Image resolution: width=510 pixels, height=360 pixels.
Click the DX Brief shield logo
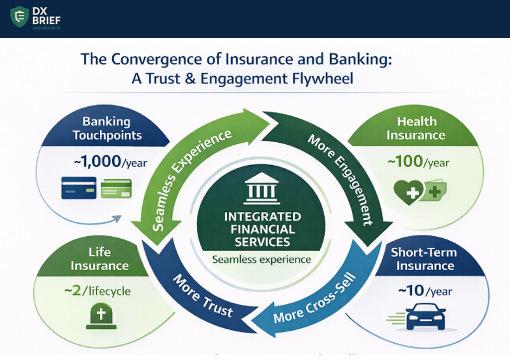point(20,17)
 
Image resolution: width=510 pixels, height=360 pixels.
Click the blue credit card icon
point(78,188)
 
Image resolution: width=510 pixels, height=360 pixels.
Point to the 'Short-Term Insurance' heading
point(425,259)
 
